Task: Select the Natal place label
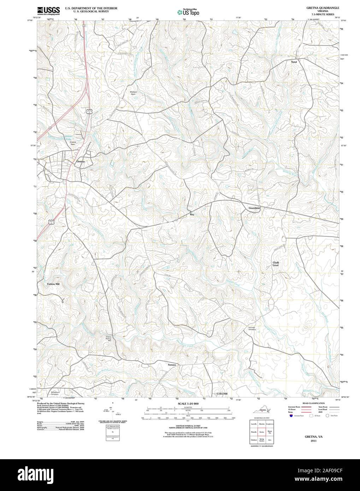(294, 62)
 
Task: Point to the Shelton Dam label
(134, 93)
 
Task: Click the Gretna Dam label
(73, 143)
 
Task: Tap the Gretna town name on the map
(81, 162)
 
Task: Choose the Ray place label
(192, 214)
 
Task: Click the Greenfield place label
(254, 208)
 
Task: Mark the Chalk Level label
(276, 264)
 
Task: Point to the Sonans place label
(172, 364)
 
